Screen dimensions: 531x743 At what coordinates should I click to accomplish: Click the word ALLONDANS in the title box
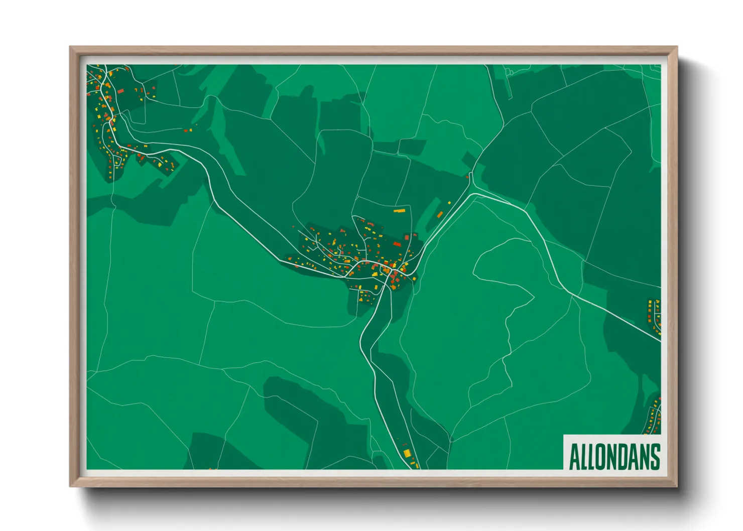pyautogui.click(x=614, y=456)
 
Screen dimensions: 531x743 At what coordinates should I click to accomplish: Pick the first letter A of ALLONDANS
pyautogui.click(x=574, y=457)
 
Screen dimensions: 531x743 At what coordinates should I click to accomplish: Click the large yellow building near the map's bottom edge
pyautogui.click(x=407, y=453)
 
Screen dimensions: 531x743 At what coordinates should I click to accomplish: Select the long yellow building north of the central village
pyautogui.click(x=399, y=211)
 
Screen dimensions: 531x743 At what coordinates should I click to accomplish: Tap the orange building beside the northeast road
pyautogui.click(x=440, y=215)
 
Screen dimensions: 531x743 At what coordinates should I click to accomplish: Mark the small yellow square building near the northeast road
pyautogui.click(x=449, y=203)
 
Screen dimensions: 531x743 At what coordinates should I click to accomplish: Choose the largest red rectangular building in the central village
pyautogui.click(x=397, y=244)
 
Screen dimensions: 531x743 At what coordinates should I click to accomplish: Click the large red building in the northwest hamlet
pyautogui.click(x=120, y=91)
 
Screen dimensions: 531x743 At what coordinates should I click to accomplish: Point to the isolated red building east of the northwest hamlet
pyautogui.click(x=185, y=130)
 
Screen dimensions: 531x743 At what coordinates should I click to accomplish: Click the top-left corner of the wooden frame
pyautogui.click(x=70, y=47)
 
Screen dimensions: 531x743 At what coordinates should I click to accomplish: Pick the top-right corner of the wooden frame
pyautogui.click(x=677, y=47)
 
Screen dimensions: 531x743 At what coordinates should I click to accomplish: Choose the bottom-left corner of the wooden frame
pyautogui.click(x=70, y=486)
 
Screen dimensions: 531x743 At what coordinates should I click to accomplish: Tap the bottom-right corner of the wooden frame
pyautogui.click(x=677, y=486)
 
